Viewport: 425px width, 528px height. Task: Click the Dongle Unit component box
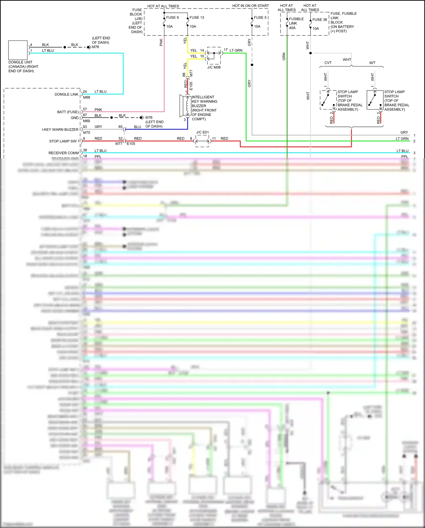18,50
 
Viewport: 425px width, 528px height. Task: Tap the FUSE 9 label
172,18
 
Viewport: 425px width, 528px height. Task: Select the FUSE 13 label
197,18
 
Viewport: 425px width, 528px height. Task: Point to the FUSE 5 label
260,18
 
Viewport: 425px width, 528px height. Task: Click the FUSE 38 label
320,20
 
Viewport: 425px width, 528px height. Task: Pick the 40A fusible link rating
292,28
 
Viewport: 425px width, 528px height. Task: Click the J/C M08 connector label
214,67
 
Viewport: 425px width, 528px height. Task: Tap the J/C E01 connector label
202,132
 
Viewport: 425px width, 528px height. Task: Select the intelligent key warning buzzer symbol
185,106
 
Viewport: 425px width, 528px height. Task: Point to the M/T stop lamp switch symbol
375,100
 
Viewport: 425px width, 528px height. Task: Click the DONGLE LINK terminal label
66,94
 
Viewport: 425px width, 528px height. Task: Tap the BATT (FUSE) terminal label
68,112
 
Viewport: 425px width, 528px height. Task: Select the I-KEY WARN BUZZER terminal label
60,130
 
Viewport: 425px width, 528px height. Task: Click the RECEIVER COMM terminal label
64,153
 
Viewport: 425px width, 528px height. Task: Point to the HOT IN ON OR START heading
250,6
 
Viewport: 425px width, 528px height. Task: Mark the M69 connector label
86,121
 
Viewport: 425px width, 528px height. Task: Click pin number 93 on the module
85,127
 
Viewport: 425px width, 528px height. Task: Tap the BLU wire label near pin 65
137,127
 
